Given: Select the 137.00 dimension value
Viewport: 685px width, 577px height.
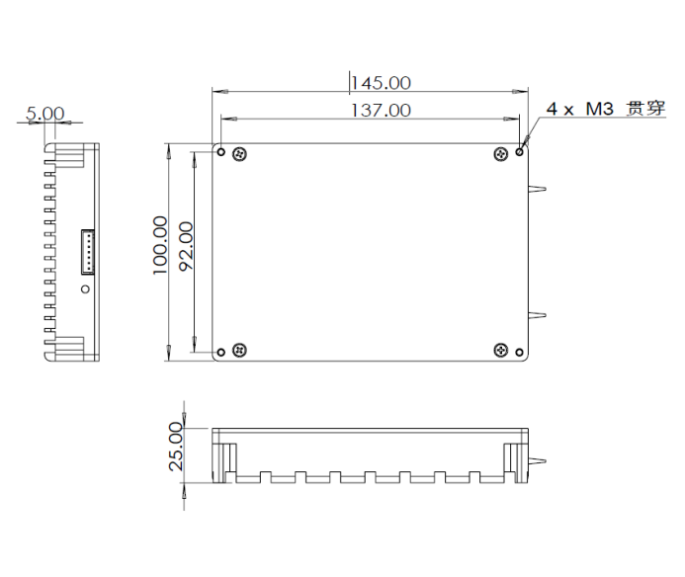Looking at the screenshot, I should click(x=381, y=110).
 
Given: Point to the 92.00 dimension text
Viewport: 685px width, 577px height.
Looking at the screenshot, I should click(x=185, y=247).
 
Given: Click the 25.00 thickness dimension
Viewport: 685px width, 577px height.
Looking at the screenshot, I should click(x=175, y=446).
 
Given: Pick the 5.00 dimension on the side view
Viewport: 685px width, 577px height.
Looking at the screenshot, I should click(x=44, y=114).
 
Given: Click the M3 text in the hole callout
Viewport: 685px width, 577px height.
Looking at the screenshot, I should click(x=599, y=110).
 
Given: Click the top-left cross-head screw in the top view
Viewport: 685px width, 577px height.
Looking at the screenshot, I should click(x=238, y=153).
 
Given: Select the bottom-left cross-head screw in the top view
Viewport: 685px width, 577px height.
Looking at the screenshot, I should click(x=238, y=351).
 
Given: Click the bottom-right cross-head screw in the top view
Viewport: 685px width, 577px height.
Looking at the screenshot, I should click(x=502, y=351).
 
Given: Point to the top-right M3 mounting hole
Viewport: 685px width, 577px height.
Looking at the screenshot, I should click(x=520, y=152).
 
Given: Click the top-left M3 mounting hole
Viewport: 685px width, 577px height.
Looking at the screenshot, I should click(x=221, y=152).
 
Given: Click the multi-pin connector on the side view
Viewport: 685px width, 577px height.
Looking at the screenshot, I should click(x=86, y=252).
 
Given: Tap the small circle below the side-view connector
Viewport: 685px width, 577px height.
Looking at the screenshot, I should click(x=85, y=289).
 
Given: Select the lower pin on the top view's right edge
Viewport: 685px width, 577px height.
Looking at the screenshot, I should click(x=539, y=316).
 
